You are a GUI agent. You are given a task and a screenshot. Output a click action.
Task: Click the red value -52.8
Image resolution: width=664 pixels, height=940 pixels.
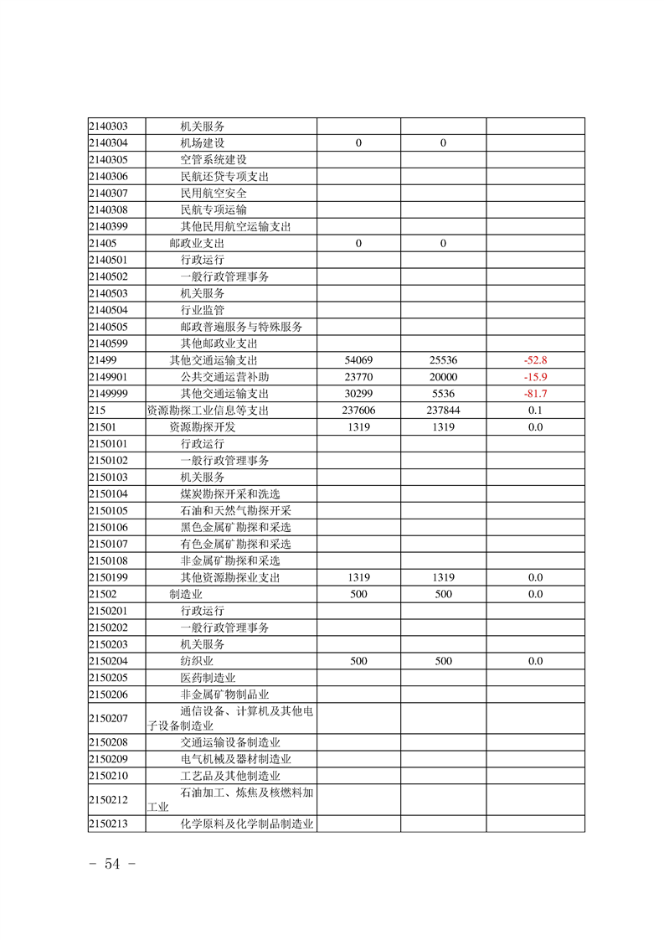[535, 360]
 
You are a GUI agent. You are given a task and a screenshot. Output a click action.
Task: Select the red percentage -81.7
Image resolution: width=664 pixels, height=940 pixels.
[535, 394]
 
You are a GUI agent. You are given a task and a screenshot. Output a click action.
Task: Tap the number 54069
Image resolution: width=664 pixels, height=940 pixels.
[358, 360]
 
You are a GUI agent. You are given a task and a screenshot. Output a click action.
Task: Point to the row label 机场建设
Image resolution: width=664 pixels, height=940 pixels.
[203, 142]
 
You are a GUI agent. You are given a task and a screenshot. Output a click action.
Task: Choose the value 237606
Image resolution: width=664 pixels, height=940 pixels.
[358, 411]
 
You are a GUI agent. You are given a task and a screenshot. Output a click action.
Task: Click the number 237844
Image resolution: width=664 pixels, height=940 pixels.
[443, 411]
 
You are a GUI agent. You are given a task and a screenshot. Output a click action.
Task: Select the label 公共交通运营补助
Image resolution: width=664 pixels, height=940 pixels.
[225, 377]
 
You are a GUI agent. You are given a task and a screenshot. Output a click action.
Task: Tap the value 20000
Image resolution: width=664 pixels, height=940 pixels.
[443, 377]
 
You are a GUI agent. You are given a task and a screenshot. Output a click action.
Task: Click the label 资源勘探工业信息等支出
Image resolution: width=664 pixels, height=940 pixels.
[208, 411]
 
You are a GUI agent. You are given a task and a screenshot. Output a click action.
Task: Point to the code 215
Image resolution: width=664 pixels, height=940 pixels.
[96, 411]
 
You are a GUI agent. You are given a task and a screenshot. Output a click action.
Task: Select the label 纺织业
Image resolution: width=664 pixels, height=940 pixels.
[197, 661]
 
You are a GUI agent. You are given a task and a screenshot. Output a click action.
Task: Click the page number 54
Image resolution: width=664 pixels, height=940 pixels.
[112, 865]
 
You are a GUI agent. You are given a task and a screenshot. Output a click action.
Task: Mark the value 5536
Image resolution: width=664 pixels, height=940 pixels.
[443, 394]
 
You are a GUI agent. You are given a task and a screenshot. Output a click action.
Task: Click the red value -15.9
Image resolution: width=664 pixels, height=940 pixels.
[535, 377]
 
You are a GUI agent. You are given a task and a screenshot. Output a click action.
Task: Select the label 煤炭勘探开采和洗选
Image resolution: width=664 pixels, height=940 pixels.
[230, 494]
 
